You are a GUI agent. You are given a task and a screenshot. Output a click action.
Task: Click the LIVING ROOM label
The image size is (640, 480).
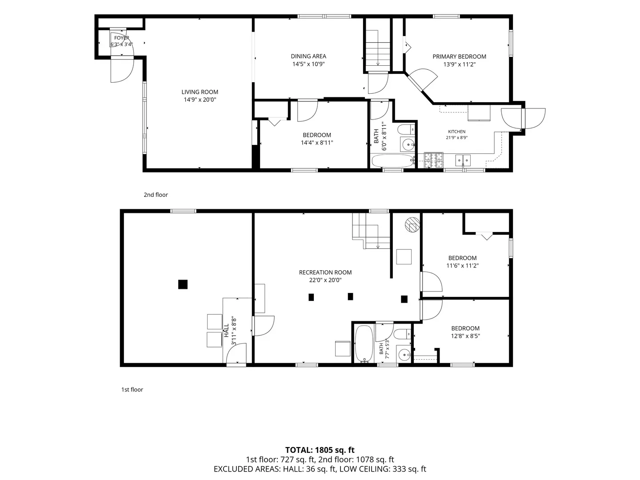(x=200, y=92)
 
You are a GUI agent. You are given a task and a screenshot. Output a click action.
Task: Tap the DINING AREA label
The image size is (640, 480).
(x=308, y=56)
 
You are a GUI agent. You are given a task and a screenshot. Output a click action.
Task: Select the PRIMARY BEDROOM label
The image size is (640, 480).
(x=459, y=56)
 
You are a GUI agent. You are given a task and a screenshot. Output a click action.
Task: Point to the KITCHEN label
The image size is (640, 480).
(x=456, y=132)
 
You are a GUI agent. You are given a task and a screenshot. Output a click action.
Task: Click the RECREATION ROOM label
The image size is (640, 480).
(x=325, y=272)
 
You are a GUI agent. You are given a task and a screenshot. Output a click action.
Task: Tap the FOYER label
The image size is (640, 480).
(x=122, y=38)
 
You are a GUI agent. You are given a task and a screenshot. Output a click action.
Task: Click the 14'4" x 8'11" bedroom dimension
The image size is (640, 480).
(x=317, y=143)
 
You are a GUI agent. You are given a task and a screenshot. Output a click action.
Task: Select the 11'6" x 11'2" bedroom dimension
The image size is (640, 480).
(x=462, y=266)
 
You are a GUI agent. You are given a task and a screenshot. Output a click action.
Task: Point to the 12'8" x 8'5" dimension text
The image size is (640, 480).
(x=465, y=336)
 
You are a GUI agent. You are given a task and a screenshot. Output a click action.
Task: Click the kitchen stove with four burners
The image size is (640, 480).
(x=434, y=160)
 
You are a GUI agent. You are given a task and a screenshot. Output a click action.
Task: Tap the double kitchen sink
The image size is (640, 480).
(x=463, y=160)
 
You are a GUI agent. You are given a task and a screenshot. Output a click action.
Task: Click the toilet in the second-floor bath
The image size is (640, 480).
(x=406, y=129)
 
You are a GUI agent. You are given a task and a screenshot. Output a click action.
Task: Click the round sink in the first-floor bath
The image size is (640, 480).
(x=404, y=355)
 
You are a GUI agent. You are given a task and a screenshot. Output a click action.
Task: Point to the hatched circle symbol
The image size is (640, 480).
(x=412, y=225)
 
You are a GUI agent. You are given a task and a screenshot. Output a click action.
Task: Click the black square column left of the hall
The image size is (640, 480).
(x=183, y=284)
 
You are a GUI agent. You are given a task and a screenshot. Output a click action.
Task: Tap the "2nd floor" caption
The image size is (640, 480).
(x=156, y=195)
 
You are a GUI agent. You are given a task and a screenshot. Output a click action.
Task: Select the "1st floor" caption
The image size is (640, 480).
(x=132, y=390)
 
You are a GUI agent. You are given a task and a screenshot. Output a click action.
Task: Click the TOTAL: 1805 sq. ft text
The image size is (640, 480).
(x=320, y=450)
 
